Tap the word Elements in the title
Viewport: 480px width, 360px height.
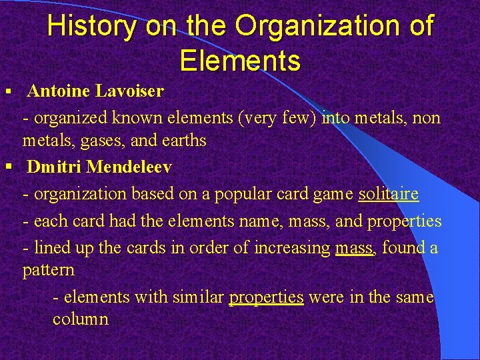(240, 61)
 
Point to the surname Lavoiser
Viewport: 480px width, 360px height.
(135, 90)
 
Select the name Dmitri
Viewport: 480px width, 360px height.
(56, 167)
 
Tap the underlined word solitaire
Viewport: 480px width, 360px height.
(389, 194)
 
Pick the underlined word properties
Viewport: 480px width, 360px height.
(266, 297)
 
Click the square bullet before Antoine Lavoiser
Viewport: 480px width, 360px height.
(8, 90)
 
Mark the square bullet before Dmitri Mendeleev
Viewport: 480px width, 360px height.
(8, 167)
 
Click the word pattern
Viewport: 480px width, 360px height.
(48, 270)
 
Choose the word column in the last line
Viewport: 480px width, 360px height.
(80, 319)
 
